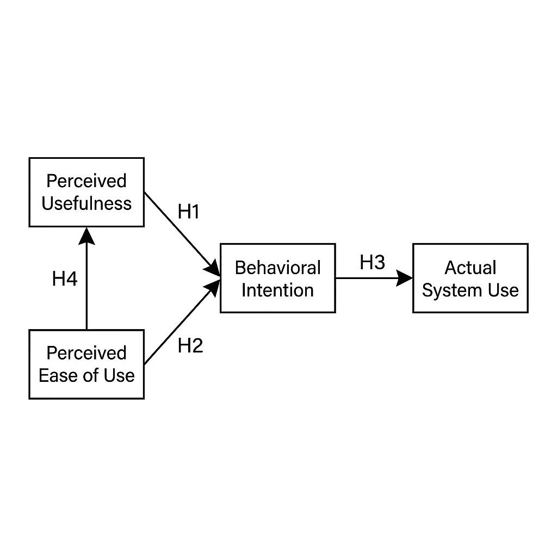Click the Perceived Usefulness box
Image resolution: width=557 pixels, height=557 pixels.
(x=86, y=192)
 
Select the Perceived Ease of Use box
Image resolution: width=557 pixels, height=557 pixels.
(x=86, y=364)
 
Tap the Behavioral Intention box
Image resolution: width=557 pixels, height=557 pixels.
(x=277, y=278)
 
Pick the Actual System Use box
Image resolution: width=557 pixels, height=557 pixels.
(x=471, y=278)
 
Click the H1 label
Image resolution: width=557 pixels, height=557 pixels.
(x=189, y=212)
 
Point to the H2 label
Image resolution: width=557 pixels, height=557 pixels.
(x=190, y=345)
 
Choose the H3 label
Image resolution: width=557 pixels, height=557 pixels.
(x=372, y=263)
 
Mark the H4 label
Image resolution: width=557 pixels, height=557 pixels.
(x=65, y=280)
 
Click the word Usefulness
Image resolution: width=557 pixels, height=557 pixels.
(x=86, y=203)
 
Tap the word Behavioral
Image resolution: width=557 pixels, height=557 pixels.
(x=277, y=268)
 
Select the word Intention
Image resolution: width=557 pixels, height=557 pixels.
(x=277, y=290)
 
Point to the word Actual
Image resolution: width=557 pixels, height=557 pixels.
(x=471, y=268)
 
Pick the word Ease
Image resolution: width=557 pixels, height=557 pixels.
(x=57, y=375)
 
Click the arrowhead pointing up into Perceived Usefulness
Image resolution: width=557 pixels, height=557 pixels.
(x=86, y=235)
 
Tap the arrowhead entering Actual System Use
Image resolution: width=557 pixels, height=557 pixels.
(x=405, y=278)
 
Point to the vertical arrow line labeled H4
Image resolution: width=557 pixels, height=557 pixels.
(x=86, y=288)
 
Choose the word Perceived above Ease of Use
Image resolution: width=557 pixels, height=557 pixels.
(x=86, y=353)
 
